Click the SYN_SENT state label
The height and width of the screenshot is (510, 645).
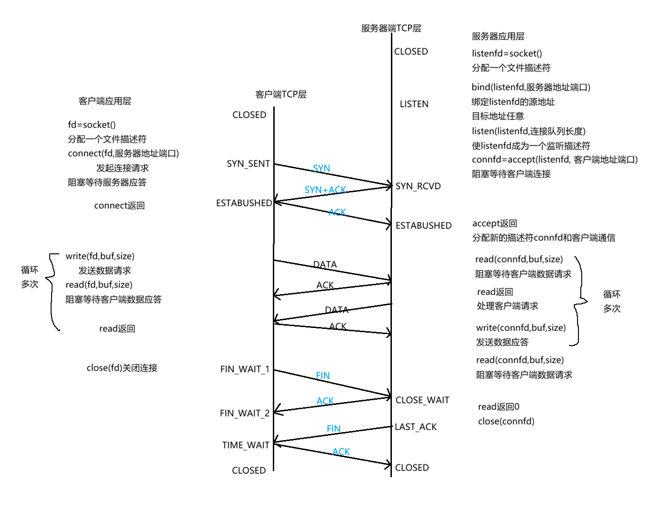[x=248, y=164]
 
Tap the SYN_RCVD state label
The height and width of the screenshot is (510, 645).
[x=418, y=186]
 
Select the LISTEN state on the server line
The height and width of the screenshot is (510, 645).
[x=414, y=104]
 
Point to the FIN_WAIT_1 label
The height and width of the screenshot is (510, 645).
[x=245, y=369]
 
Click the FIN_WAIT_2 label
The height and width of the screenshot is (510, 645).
[x=245, y=413]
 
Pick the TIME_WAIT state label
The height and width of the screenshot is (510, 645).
[x=246, y=445]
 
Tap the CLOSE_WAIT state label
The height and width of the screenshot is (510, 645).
[x=422, y=400]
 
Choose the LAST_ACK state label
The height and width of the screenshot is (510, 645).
[x=416, y=427]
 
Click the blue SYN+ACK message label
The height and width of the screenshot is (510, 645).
[x=325, y=190]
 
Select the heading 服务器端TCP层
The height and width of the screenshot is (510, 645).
[x=391, y=28]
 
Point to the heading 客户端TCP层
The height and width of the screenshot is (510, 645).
[x=281, y=94]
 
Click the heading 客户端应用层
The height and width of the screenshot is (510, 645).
[x=105, y=101]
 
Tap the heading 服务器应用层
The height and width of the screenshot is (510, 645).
[x=498, y=36]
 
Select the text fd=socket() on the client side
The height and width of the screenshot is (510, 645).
[x=92, y=125]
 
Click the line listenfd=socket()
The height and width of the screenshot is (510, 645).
[x=507, y=53]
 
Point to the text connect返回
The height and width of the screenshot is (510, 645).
[x=119, y=206]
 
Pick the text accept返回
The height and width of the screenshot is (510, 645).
[x=495, y=223]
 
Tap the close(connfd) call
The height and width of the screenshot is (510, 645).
[x=506, y=421]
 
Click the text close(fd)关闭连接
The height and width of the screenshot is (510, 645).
[x=122, y=368]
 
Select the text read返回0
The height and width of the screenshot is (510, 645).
[x=498, y=407]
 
